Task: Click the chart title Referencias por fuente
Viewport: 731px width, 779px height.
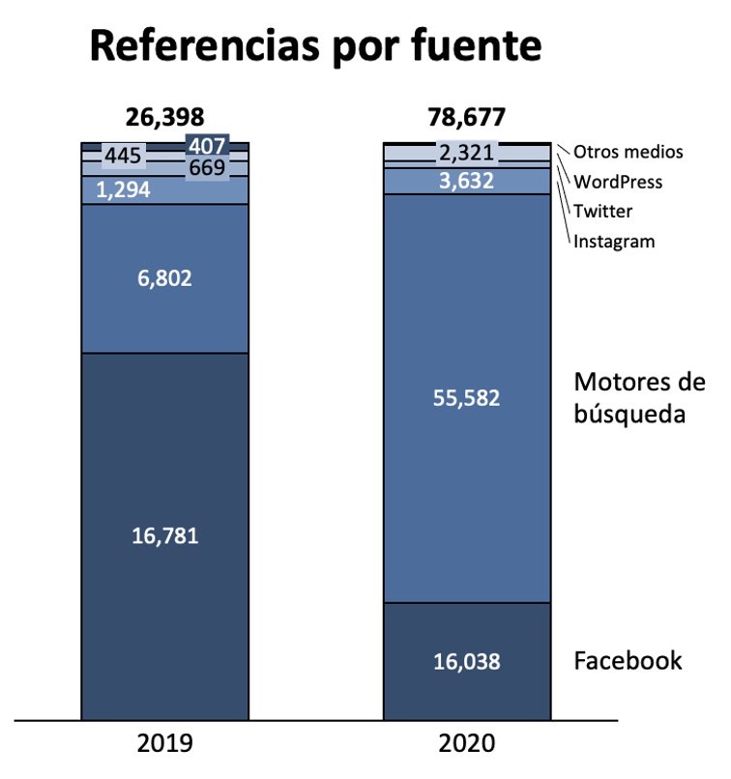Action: click(315, 46)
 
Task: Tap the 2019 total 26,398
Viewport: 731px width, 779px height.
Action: click(165, 118)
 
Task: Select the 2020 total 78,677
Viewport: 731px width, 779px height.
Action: click(467, 118)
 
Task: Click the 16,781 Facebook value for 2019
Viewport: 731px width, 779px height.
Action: click(165, 535)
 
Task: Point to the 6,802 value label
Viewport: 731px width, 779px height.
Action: click(165, 278)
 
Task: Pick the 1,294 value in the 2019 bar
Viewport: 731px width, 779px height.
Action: click(123, 190)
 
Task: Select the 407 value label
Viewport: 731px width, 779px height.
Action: click(207, 146)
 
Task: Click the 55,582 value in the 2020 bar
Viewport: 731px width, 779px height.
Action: click(467, 397)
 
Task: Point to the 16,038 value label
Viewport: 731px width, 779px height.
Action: click(467, 662)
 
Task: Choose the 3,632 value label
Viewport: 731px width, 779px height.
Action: click(467, 181)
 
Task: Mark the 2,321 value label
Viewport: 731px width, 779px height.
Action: click(467, 153)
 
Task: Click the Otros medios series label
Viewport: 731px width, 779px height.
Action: click(628, 152)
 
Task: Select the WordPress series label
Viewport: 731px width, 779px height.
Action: click(618, 182)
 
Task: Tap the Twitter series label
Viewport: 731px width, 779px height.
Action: click(603, 212)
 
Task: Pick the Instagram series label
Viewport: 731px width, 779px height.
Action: click(614, 242)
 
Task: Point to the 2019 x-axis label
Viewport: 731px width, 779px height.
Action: click(165, 744)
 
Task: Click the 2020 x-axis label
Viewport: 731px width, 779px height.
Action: click(467, 744)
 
